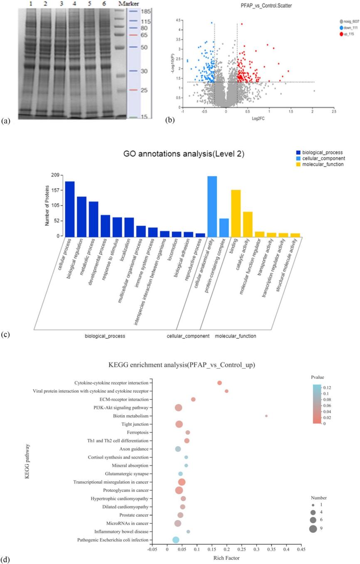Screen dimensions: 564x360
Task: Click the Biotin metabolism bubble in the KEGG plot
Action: tap(266, 416)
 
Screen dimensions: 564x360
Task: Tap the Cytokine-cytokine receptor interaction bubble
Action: tap(219, 383)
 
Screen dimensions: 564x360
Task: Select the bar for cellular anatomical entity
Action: tap(212, 206)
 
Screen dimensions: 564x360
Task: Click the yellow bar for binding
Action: tap(236, 212)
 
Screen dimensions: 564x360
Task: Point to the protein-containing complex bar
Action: tap(224, 227)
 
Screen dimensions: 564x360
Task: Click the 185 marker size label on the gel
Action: tap(145, 12)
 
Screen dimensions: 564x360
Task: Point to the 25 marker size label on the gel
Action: tap(144, 90)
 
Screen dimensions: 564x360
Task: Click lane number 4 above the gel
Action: tap(74, 4)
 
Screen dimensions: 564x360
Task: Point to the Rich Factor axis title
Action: tap(227, 558)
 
